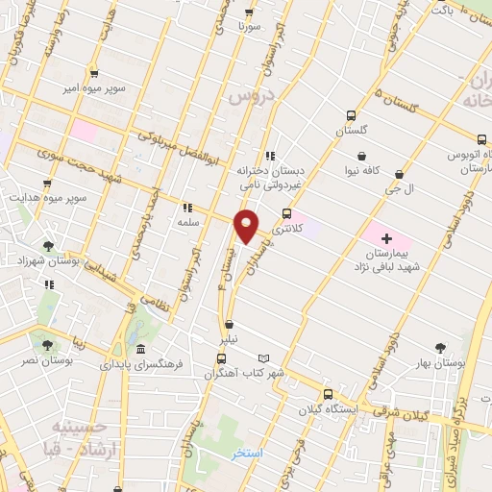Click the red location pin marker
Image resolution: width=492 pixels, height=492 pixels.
click(247, 226)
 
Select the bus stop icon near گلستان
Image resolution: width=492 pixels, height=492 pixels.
click(351, 113)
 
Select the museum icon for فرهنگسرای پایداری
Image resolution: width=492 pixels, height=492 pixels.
click(141, 350)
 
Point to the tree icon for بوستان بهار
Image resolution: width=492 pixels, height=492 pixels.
click(441, 348)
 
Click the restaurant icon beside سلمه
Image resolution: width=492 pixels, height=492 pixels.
click(186, 207)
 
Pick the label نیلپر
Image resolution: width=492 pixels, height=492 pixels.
click(223, 339)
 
